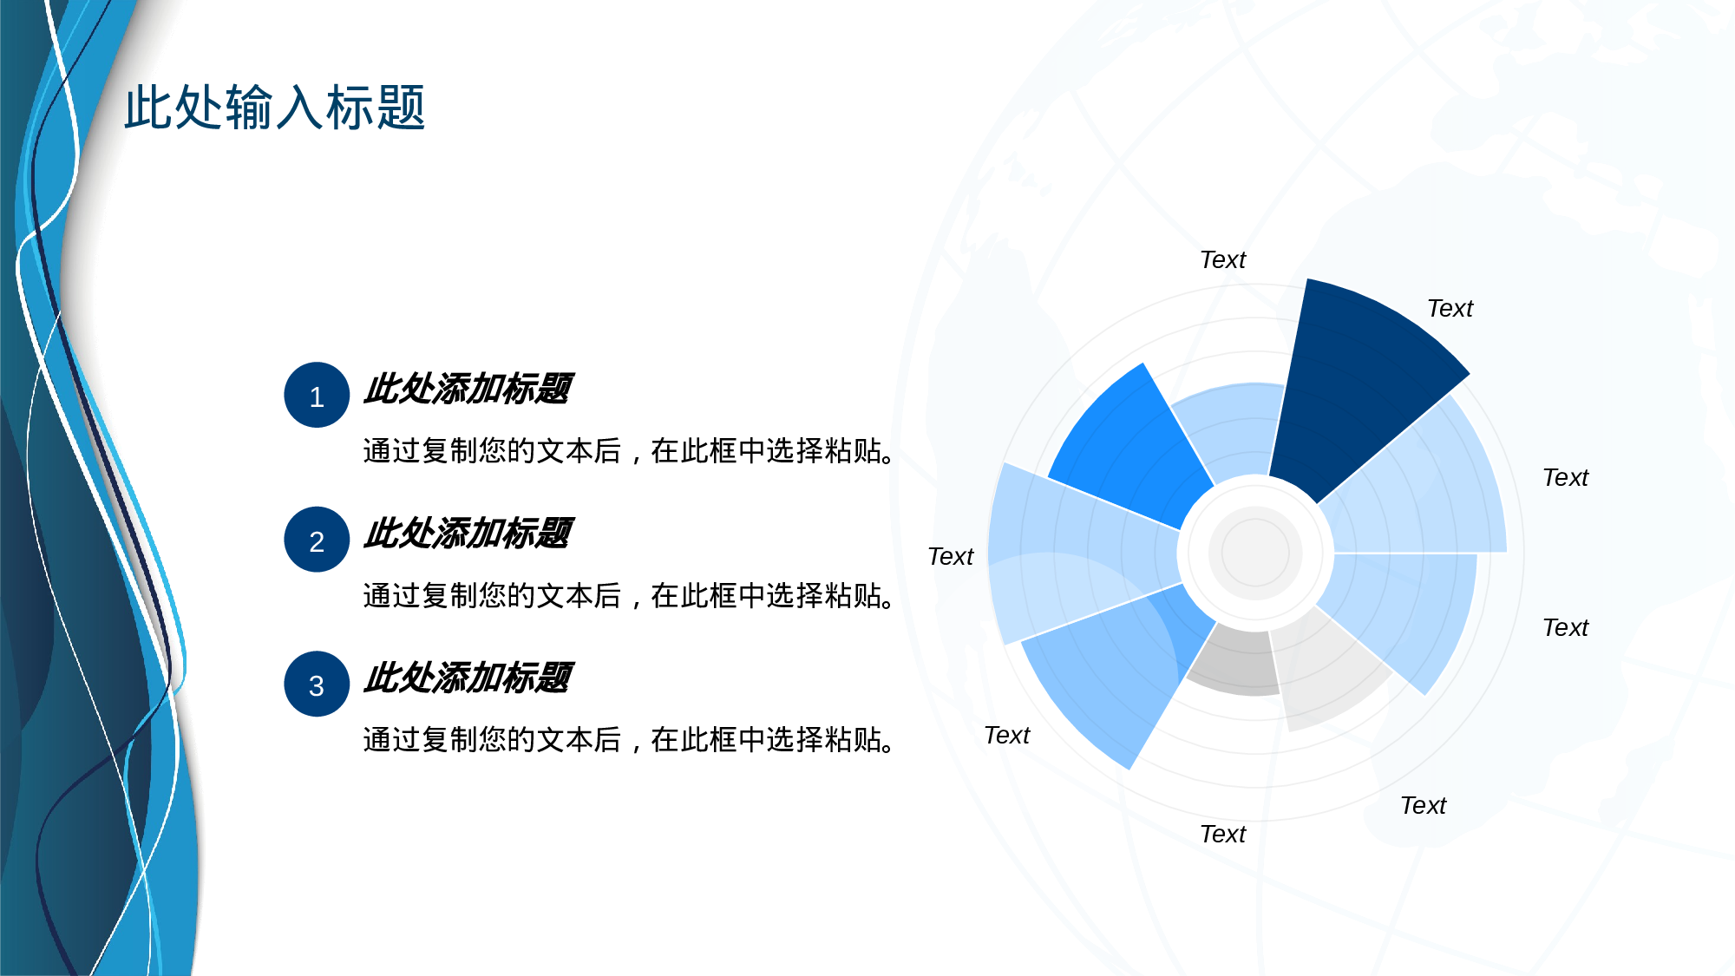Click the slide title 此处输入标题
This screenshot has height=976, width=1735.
tap(274, 108)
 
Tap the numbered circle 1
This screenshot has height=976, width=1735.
tap(317, 395)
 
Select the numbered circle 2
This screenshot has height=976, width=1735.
tap(317, 540)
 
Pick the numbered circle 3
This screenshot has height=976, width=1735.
tap(317, 684)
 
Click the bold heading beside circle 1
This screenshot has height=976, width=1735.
tap(468, 389)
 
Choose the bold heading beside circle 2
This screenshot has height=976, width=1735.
tap(468, 534)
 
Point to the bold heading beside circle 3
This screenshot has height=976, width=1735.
tap(468, 678)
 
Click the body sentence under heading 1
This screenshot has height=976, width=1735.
tap(628, 451)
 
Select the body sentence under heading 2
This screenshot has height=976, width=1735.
tap(628, 596)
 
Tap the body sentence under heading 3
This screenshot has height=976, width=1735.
tap(628, 740)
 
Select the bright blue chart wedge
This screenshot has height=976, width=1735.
tap(1128, 442)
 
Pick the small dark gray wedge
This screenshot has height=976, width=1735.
tap(1236, 664)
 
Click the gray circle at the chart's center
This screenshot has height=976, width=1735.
tap(1255, 553)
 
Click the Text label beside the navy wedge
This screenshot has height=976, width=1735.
tap(1450, 309)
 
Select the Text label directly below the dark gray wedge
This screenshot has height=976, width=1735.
tap(1222, 835)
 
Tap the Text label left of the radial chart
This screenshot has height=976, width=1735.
tap(951, 557)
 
